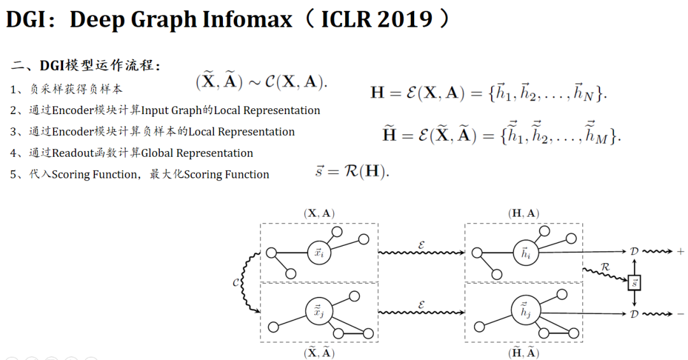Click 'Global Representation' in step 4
pos(197,153)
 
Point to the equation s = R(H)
pos(352,171)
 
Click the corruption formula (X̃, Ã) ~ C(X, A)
pos(262,82)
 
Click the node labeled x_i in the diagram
pos(319,253)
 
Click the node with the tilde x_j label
pos(317,312)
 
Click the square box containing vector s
pos(634,282)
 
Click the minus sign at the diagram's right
pos(680,313)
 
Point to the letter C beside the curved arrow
pos(236,282)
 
